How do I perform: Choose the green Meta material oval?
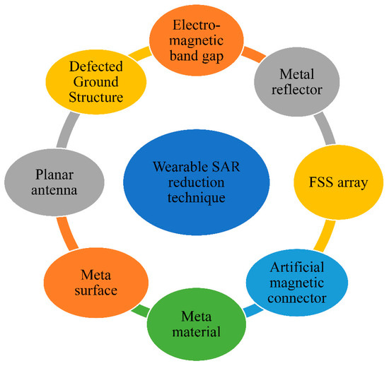pyautogui.click(x=193, y=321)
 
